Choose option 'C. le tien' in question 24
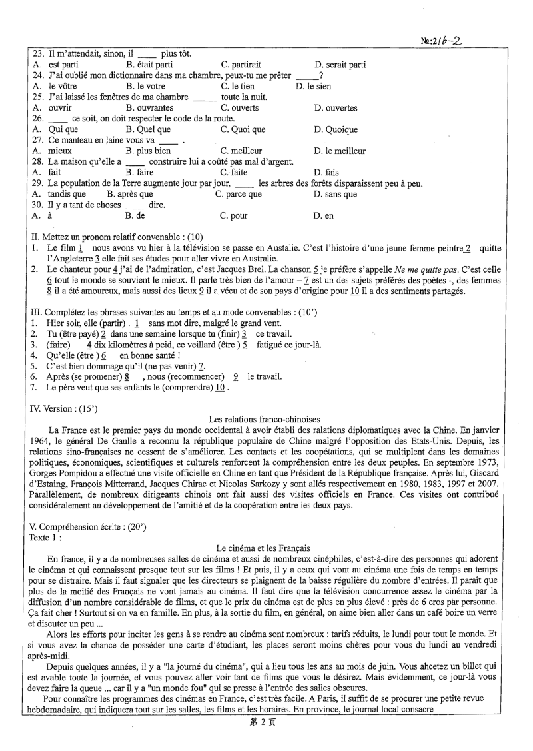point(238,86)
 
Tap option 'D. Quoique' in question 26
point(336,129)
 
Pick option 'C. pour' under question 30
point(233,216)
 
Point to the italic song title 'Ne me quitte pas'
point(398,270)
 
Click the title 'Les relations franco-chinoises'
point(264,420)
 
